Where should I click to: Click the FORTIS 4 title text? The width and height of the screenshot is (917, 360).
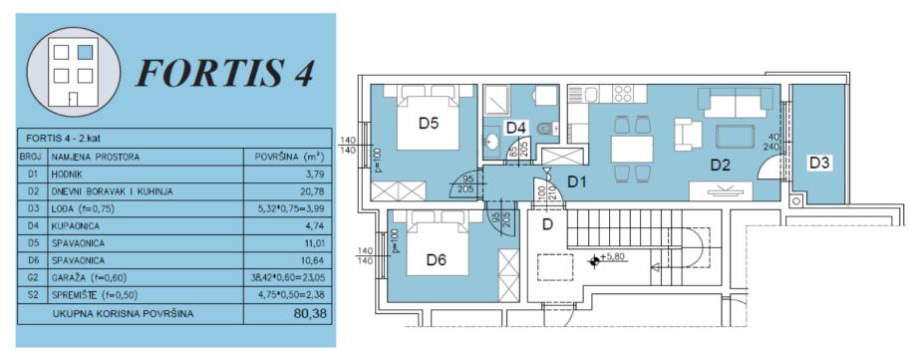click(225, 74)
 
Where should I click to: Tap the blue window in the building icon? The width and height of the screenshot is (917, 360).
click(86, 52)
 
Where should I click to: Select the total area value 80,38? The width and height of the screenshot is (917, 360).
click(310, 314)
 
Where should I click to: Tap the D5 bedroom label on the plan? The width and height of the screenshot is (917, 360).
click(429, 124)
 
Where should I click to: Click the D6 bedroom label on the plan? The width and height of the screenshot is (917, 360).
click(437, 260)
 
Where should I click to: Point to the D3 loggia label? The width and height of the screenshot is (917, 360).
click(820, 164)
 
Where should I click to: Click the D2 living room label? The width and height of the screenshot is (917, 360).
click(721, 167)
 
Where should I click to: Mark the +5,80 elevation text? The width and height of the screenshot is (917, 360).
click(613, 256)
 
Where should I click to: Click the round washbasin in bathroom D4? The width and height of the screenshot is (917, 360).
click(492, 141)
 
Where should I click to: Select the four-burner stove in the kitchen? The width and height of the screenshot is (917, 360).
click(622, 94)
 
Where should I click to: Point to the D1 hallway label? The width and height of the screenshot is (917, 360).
click(577, 182)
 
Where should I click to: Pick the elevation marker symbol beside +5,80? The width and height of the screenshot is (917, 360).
click(594, 261)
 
